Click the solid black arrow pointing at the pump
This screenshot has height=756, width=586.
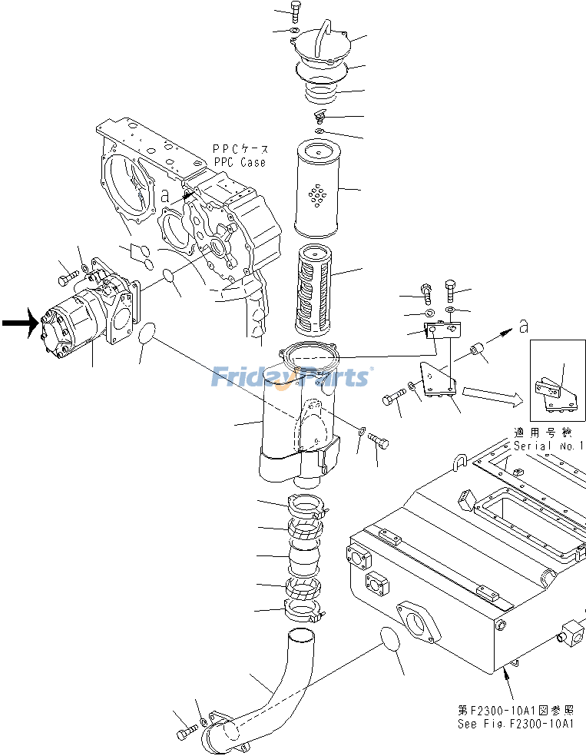(19, 323)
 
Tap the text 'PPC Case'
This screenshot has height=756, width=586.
(240, 162)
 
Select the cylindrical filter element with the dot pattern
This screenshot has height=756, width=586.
(317, 188)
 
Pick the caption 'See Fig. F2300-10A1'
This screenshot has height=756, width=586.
(516, 724)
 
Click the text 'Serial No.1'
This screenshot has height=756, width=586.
(548, 446)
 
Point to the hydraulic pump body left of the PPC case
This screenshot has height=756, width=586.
(73, 324)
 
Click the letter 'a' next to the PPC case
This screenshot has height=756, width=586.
(164, 195)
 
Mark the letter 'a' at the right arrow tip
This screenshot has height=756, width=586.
(523, 327)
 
